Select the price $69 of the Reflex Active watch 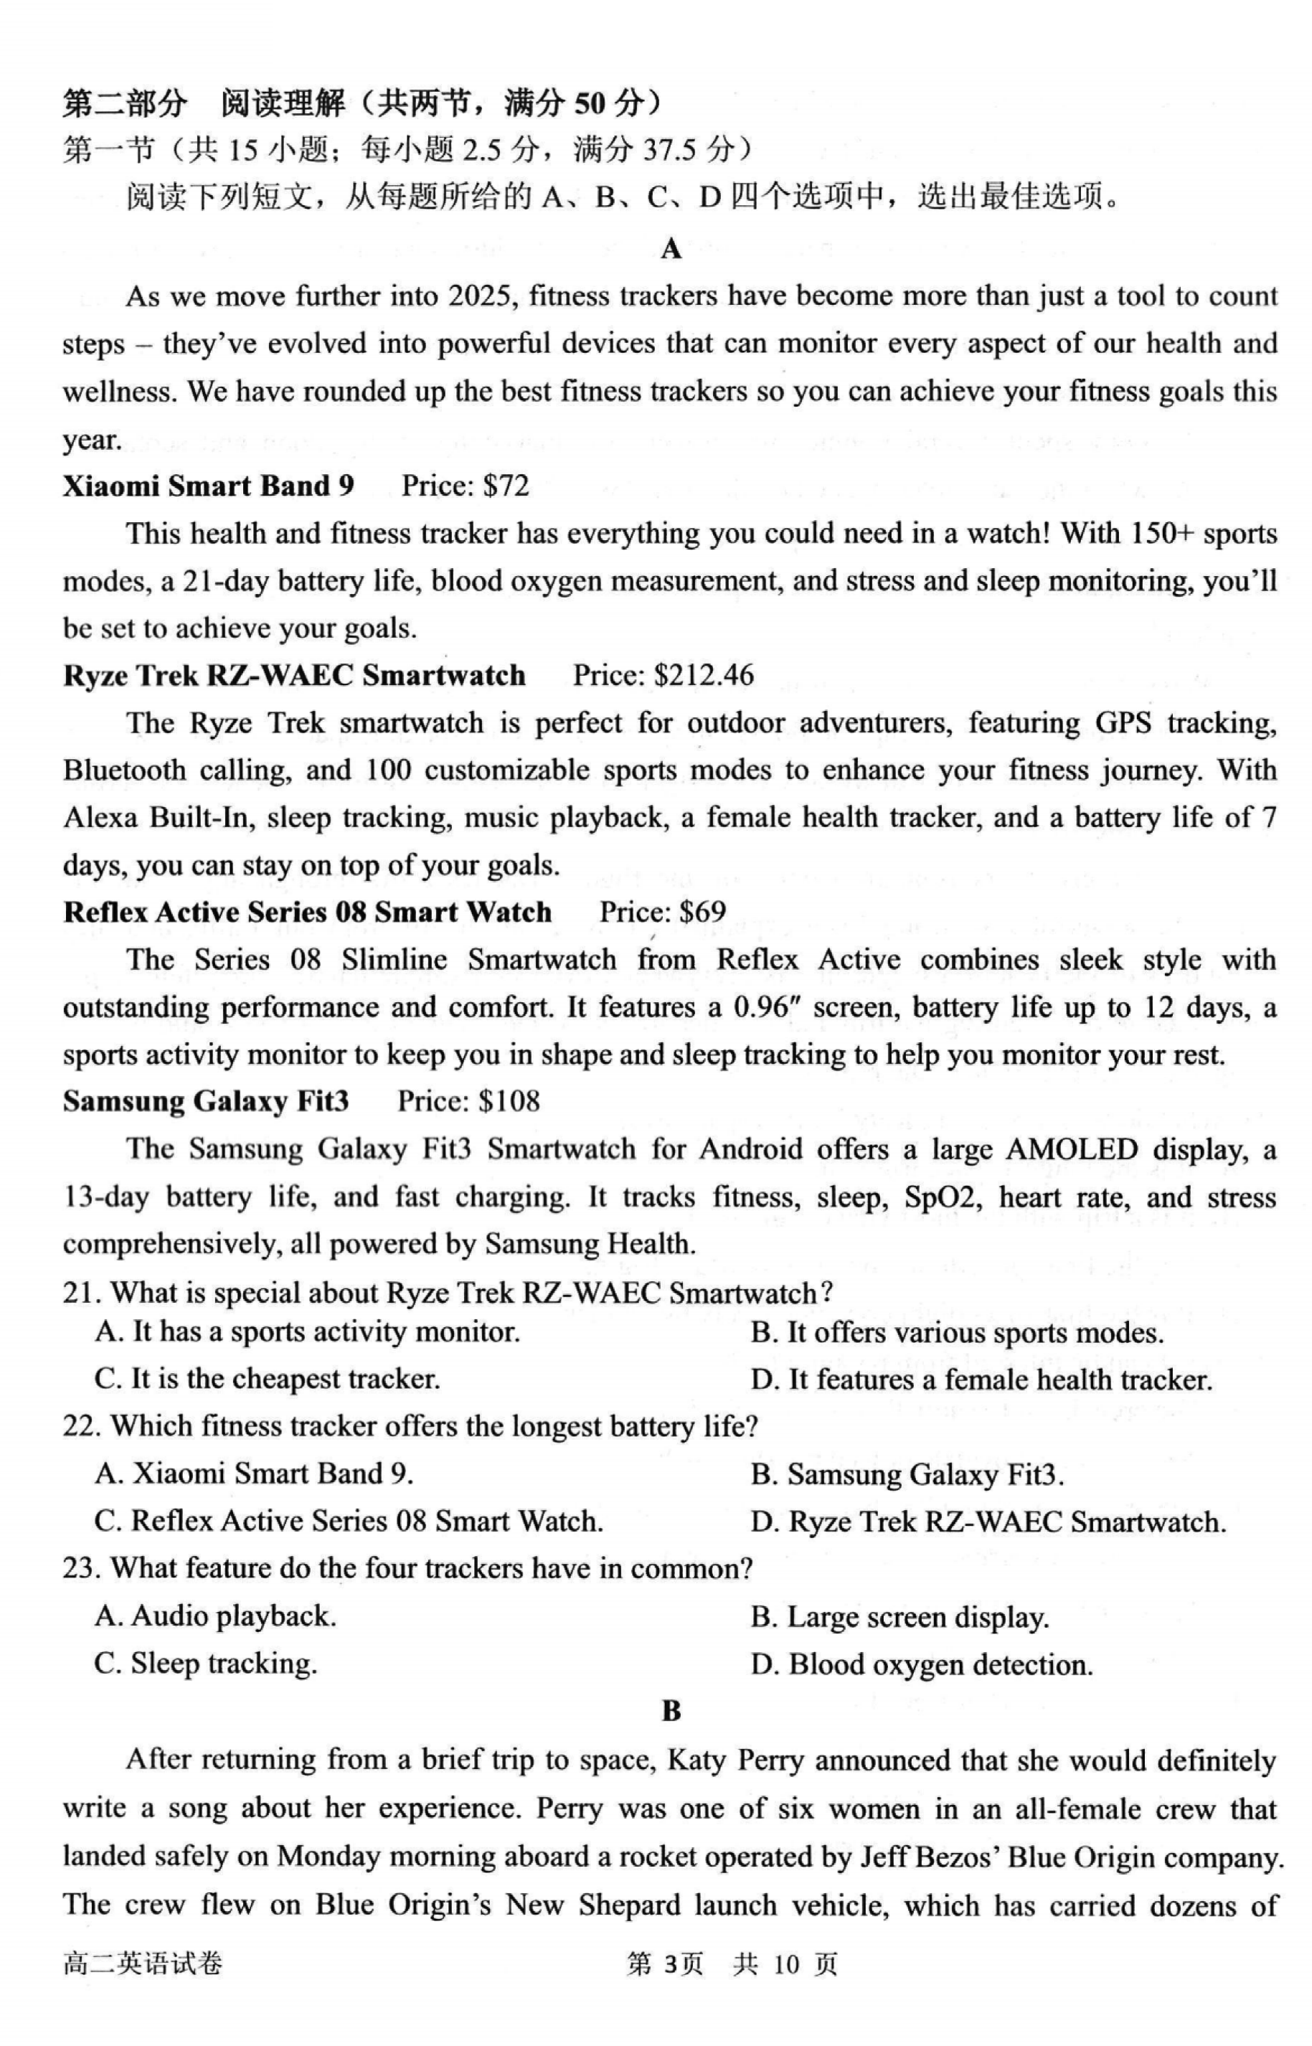tap(703, 913)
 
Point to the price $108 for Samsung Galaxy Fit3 tap(509, 1101)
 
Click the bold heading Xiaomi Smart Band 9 tap(208, 486)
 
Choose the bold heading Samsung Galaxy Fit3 tap(205, 1101)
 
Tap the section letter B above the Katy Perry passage tap(671, 1712)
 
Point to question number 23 tap(82, 1568)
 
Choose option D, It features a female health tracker tap(981, 1380)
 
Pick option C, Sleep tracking tap(205, 1664)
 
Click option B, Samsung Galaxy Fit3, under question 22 tap(907, 1474)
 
